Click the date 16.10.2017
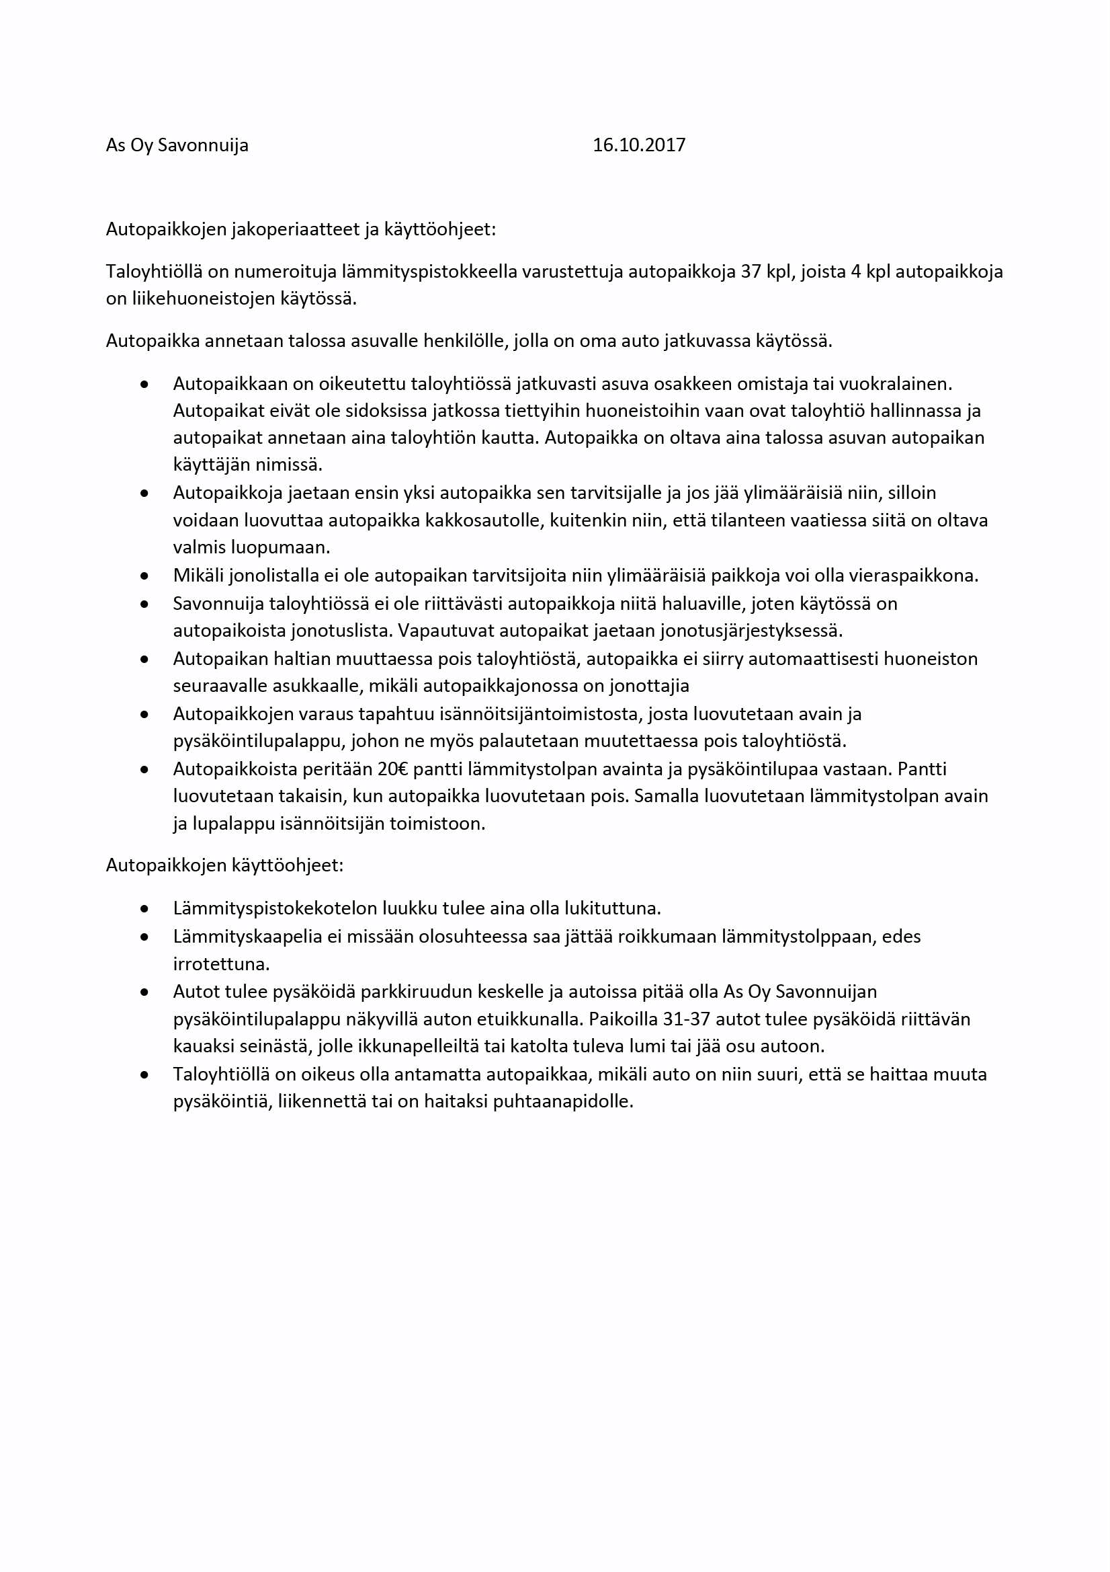pos(638,145)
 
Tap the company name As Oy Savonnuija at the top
pos(177,146)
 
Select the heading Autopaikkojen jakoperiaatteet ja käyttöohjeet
pos(300,229)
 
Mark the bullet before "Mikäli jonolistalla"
pos(144,576)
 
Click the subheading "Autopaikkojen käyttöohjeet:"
pos(224,866)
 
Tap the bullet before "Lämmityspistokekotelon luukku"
pos(144,909)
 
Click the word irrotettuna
pos(221,964)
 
